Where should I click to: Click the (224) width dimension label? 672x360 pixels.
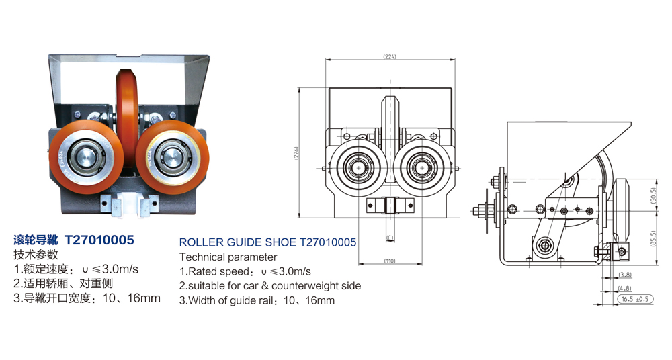tap(390, 56)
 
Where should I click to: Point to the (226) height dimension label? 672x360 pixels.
tap(296, 153)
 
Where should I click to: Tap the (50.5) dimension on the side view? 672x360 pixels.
tap(654, 195)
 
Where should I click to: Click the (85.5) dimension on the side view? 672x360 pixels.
tap(654, 237)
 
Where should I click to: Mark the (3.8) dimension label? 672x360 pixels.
tap(625, 275)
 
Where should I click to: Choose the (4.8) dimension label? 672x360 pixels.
tap(625, 288)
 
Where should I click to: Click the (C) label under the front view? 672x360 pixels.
tap(390, 237)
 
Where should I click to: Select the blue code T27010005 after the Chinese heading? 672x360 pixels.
tap(99, 240)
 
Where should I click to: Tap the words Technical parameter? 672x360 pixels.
tap(228, 257)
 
